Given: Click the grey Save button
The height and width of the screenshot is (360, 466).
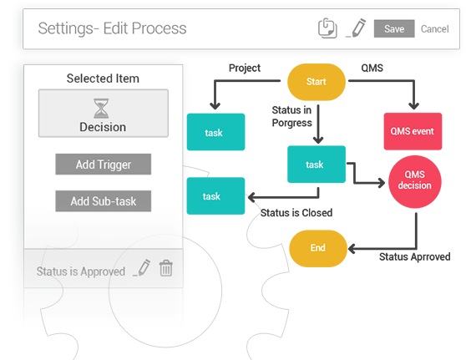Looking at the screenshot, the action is pyautogui.click(x=394, y=29).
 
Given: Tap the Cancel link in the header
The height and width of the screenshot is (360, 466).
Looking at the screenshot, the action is pyautogui.click(x=434, y=29).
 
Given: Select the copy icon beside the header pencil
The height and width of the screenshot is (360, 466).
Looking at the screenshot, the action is pyautogui.click(x=327, y=28).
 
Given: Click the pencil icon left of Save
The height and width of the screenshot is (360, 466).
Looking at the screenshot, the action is pyautogui.click(x=356, y=28).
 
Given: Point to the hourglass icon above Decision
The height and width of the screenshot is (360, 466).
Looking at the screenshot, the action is pyautogui.click(x=101, y=109).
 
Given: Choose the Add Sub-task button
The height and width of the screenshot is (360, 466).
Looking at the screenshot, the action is pyautogui.click(x=103, y=201).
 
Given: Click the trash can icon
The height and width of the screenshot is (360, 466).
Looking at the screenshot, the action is pyautogui.click(x=166, y=268).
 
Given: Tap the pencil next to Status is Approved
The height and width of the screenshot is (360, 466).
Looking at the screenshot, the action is pyautogui.click(x=142, y=268).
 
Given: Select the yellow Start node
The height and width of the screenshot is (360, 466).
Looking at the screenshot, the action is pyautogui.click(x=317, y=82).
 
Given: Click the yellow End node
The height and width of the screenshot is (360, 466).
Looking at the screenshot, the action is pyautogui.click(x=318, y=248).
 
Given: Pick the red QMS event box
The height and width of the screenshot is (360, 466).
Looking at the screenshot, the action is pyautogui.click(x=413, y=131).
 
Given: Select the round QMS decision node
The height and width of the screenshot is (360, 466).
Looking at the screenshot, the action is pyautogui.click(x=415, y=181).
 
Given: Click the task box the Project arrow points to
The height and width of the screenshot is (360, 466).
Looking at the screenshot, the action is pyautogui.click(x=215, y=132).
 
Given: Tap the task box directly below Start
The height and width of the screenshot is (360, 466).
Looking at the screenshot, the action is pyautogui.click(x=317, y=164).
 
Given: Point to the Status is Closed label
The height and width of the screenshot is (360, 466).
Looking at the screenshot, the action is pyautogui.click(x=296, y=213).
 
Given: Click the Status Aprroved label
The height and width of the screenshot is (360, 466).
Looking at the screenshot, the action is pyautogui.click(x=414, y=257).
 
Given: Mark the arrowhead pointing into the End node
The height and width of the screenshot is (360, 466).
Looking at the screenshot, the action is pyautogui.click(x=352, y=249).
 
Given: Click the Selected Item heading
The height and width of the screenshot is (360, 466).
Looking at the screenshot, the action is pyautogui.click(x=103, y=79).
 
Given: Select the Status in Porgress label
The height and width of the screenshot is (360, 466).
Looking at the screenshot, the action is pyautogui.click(x=291, y=117).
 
